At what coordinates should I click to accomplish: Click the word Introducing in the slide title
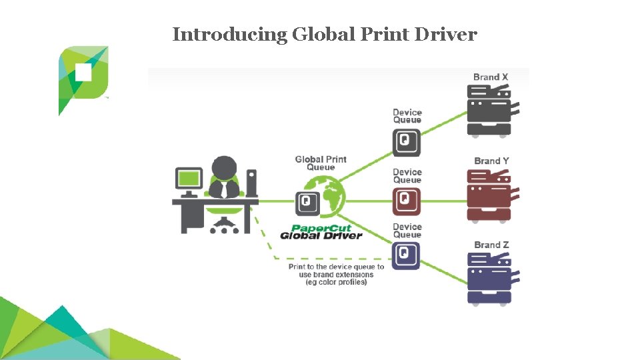(x=229, y=35)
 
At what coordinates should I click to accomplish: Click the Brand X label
(x=491, y=77)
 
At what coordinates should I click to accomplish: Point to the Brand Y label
(x=491, y=161)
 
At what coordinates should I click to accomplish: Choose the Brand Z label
(x=491, y=245)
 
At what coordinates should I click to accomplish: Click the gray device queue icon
(x=407, y=141)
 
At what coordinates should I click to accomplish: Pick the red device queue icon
(x=407, y=199)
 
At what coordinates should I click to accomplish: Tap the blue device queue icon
(x=407, y=254)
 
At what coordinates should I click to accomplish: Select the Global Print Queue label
(x=321, y=163)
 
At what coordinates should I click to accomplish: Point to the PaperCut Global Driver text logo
(x=321, y=231)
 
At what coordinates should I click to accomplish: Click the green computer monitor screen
(x=189, y=178)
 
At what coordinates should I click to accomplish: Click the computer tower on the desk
(x=251, y=183)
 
